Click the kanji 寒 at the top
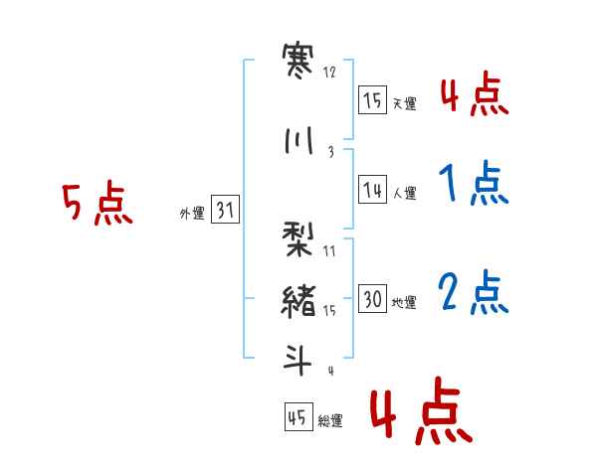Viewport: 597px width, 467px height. (x=298, y=61)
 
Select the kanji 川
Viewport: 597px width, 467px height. (x=298, y=140)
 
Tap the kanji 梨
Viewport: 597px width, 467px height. (x=298, y=239)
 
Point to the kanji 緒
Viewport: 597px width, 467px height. (x=298, y=302)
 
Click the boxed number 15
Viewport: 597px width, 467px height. (x=372, y=99)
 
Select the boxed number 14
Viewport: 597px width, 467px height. (x=372, y=189)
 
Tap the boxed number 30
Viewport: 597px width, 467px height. (x=372, y=298)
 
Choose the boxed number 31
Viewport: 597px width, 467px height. (x=225, y=209)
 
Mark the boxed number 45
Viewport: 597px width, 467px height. (x=298, y=416)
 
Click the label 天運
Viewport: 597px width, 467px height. (x=405, y=103)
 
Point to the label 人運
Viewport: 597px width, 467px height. (x=405, y=193)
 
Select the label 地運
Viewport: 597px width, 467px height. (x=404, y=303)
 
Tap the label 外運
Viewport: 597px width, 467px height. (x=192, y=214)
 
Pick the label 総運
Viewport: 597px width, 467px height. (x=330, y=421)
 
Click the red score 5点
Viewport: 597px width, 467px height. (x=98, y=203)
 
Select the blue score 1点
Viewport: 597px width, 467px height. (x=474, y=183)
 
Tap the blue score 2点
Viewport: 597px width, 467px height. (x=474, y=292)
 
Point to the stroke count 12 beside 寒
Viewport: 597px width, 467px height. (x=329, y=73)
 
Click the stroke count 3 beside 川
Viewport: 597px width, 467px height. (x=331, y=152)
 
